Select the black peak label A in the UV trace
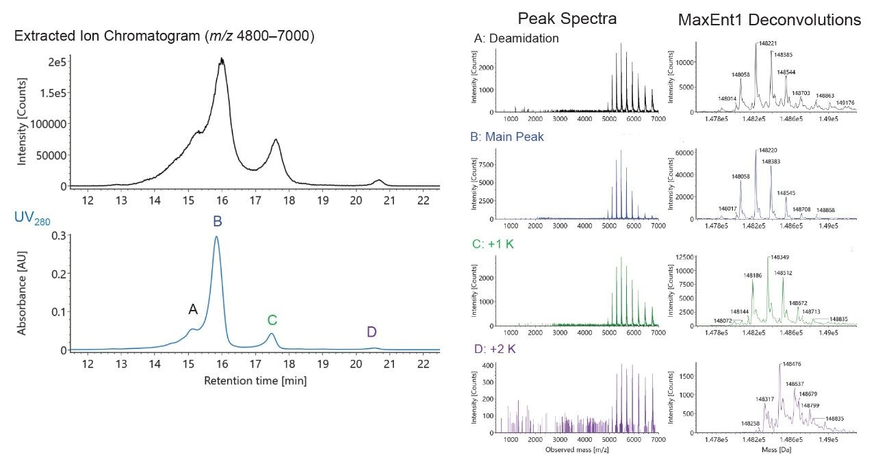coord(193,310)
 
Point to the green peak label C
coord(272,319)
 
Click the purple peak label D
coord(372,332)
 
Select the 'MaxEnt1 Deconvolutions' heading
coord(769,20)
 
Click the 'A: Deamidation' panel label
coord(516,39)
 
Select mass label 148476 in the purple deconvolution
coord(790,365)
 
